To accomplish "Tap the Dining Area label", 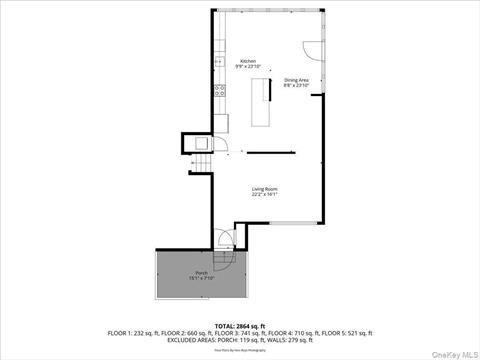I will click(296, 79).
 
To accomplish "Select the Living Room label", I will click(264, 188).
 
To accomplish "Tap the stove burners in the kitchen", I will click(218, 90).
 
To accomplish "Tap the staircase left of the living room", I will click(201, 164).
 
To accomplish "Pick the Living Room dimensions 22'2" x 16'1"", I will click(264, 194).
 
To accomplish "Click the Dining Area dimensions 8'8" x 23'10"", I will click(296, 85).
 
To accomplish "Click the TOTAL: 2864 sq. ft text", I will click(240, 326).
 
